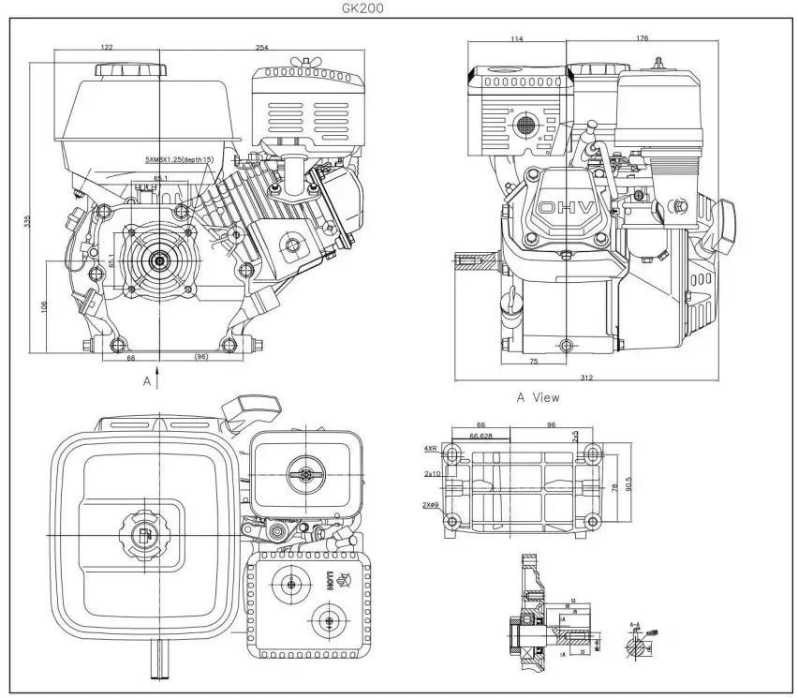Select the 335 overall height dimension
pyautogui.click(x=28, y=221)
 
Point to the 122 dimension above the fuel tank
pyautogui.click(x=107, y=48)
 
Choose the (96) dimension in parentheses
pyautogui.click(x=200, y=358)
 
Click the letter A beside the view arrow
pyautogui.click(x=146, y=382)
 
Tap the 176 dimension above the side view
pyautogui.click(x=642, y=39)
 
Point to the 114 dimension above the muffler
pyautogui.click(x=516, y=39)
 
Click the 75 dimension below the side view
pyautogui.click(x=533, y=359)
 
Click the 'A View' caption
pyautogui.click(x=539, y=397)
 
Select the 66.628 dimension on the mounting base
pyautogui.click(x=481, y=436)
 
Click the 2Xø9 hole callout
pyautogui.click(x=432, y=505)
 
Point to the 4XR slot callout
pyautogui.click(x=431, y=450)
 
